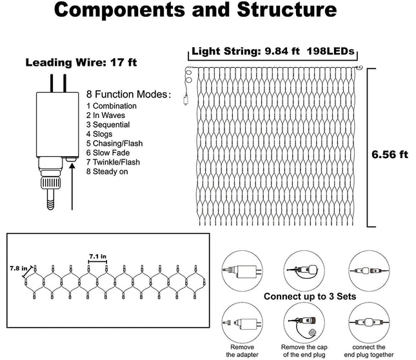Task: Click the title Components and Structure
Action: tap(195, 10)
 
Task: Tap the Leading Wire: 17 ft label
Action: tap(81, 63)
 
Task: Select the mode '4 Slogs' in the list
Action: tap(99, 134)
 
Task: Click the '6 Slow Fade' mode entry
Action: tap(108, 153)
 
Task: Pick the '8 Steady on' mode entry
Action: tap(107, 172)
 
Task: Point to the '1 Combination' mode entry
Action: tap(112, 106)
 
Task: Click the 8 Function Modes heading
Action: tap(129, 94)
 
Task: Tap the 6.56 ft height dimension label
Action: tap(390, 154)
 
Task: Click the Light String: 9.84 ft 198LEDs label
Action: tap(273, 51)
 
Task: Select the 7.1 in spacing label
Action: tap(97, 256)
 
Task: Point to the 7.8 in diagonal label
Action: tap(19, 268)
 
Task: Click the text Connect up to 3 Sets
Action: tap(310, 296)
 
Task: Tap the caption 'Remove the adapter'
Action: tap(242, 351)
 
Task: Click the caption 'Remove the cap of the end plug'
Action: tap(304, 351)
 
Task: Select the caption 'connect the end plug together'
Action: tap(369, 351)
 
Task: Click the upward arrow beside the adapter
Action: tap(72, 186)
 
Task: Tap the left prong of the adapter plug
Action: tap(52, 83)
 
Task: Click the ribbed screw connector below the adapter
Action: tap(50, 183)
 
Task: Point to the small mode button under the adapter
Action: tap(71, 159)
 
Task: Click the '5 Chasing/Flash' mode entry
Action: tap(114, 143)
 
